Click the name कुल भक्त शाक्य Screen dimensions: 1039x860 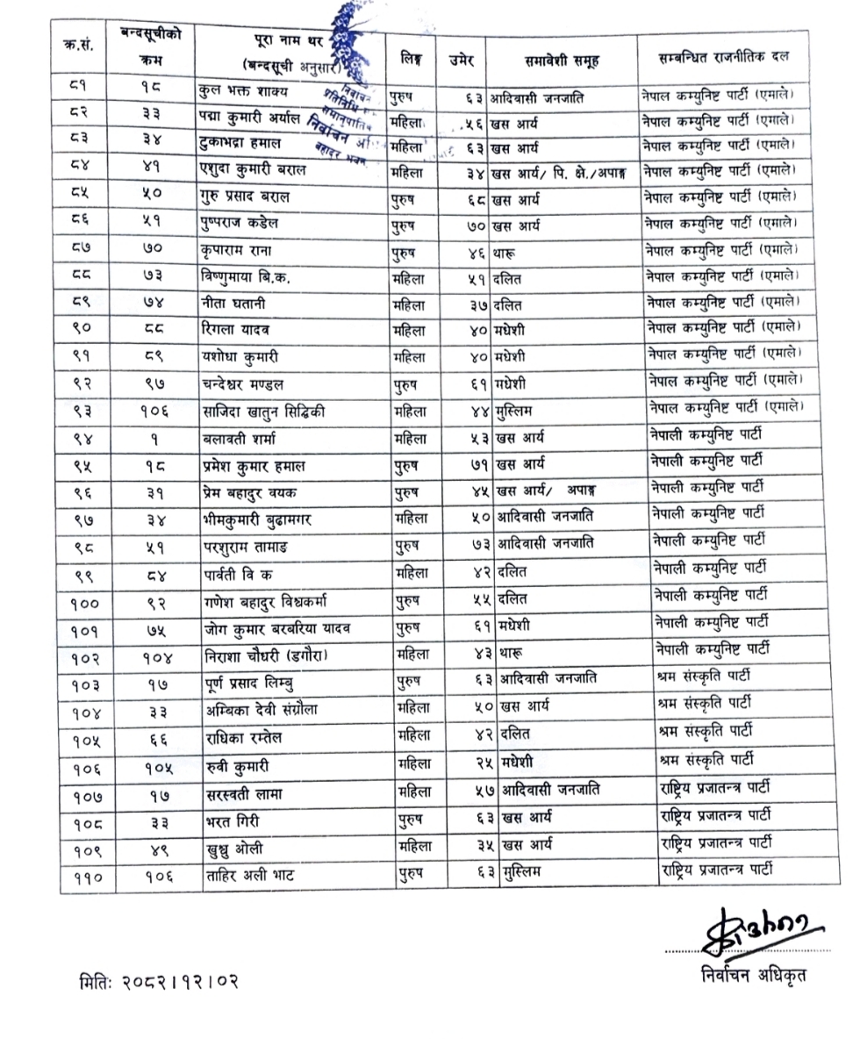tap(247, 92)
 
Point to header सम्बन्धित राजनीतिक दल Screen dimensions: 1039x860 tap(724, 58)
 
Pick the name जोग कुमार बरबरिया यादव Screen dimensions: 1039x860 tap(276, 627)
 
